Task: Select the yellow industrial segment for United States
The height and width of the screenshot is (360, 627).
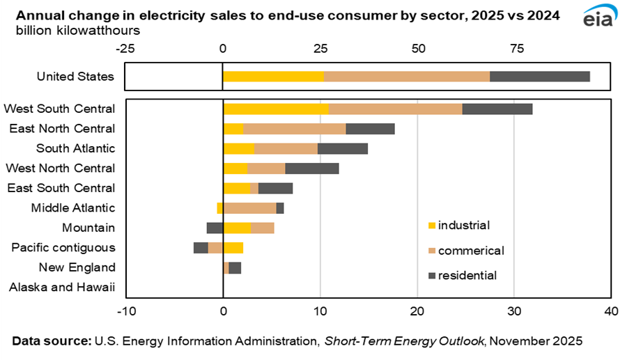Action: click(x=273, y=77)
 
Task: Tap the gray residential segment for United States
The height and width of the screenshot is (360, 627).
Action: click(x=540, y=77)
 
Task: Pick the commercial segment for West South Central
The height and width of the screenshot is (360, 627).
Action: click(x=395, y=109)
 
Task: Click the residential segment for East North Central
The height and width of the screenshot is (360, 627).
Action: click(x=370, y=129)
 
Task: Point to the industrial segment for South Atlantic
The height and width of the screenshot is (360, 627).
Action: click(x=239, y=148)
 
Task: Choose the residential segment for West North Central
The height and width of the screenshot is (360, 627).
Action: click(x=312, y=168)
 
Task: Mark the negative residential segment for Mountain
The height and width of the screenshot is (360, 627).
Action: click(x=215, y=228)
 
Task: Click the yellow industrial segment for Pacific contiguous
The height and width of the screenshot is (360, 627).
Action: click(x=233, y=247)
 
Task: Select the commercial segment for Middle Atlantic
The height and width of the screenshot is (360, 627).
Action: click(x=249, y=208)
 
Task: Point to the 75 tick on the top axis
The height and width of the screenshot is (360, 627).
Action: click(x=517, y=48)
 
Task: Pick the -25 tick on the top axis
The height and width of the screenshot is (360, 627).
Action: click(x=125, y=48)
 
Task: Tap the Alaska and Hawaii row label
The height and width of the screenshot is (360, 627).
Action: click(x=63, y=288)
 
